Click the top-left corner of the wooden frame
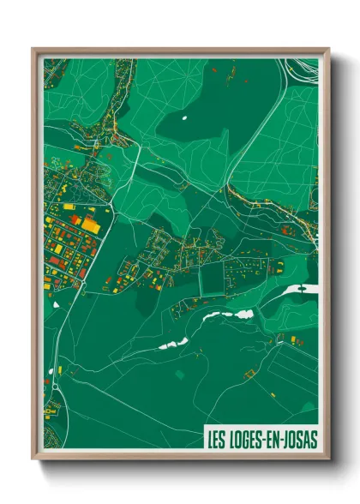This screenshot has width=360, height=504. pyautogui.click(x=33, y=50)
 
